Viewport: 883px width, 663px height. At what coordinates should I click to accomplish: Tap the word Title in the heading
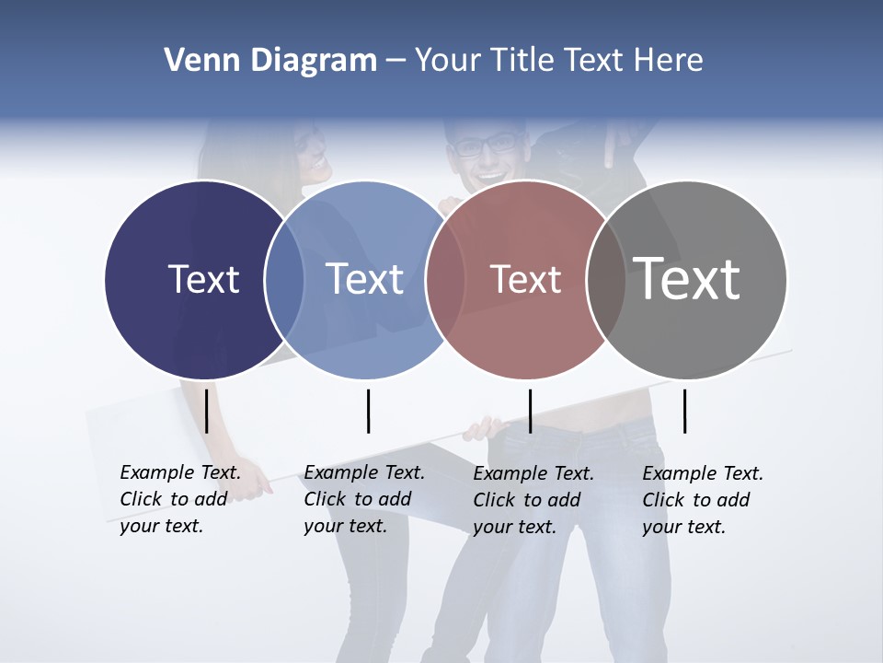[x=522, y=61]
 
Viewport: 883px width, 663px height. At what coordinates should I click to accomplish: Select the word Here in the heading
[x=668, y=61]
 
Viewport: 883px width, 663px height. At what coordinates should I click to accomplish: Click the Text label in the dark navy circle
[x=203, y=279]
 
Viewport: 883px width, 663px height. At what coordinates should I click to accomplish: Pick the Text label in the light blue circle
[x=364, y=279]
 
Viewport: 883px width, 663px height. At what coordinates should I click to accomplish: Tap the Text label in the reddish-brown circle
[x=525, y=280]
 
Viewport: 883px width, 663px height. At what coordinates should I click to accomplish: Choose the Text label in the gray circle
[x=687, y=278]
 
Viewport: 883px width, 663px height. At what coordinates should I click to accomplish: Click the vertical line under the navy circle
[x=206, y=411]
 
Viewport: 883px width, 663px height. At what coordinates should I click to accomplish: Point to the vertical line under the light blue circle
[x=368, y=411]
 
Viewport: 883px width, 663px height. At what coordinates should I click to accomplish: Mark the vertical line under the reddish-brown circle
[x=530, y=411]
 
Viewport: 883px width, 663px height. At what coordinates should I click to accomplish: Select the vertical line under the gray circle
[x=684, y=411]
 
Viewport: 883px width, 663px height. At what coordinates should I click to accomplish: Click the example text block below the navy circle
[x=179, y=499]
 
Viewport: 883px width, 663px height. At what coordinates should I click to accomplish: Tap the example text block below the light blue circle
[x=363, y=499]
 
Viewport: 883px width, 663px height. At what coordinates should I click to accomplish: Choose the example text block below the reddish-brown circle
[x=533, y=500]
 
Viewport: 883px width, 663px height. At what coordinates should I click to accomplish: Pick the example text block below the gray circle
[x=702, y=500]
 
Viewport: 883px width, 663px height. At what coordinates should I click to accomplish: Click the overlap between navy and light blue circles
[x=284, y=280]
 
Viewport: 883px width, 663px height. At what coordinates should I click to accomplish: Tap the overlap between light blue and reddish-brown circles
[x=444, y=278]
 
